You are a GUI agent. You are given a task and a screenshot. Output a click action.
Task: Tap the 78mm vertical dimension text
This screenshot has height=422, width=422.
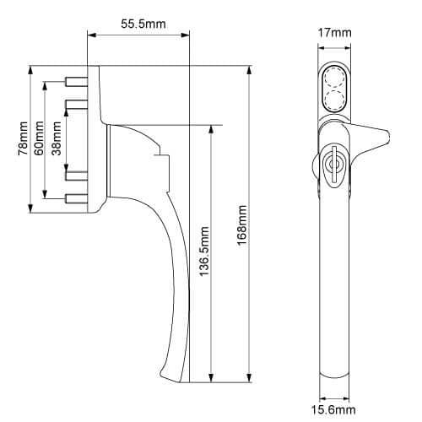(x=23, y=138)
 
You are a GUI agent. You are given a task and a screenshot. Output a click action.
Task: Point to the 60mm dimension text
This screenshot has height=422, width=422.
(x=39, y=138)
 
